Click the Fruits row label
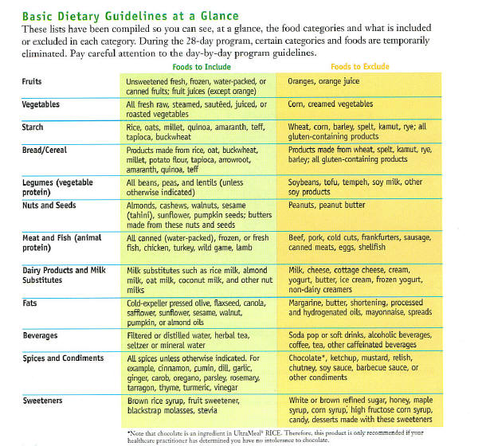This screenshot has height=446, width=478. point(33,82)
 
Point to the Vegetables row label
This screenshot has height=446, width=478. point(41,104)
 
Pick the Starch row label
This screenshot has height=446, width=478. point(34,127)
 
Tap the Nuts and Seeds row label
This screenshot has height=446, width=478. point(49,205)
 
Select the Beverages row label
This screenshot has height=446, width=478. point(41,336)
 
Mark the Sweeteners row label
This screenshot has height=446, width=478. point(43,400)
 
